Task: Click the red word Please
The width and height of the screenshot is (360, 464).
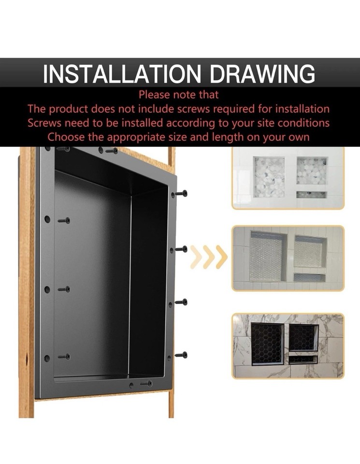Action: [156, 95]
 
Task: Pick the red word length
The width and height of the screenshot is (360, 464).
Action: [228, 137]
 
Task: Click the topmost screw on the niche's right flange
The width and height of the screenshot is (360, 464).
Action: [181, 193]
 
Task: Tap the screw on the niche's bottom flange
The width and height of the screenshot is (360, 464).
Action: [146, 383]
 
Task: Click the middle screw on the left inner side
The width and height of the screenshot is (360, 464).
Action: [64, 289]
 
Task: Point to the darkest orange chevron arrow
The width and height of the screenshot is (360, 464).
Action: [221, 257]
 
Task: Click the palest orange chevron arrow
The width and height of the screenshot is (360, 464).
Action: [196, 257]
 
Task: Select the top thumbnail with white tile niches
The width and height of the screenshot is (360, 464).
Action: [288, 177]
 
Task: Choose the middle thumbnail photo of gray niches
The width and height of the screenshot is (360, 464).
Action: [288, 258]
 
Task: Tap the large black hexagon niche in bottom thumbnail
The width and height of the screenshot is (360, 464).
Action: [267, 344]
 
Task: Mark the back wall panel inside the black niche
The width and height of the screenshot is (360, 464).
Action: [92, 275]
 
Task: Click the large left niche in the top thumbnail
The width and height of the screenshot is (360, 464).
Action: [269, 177]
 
